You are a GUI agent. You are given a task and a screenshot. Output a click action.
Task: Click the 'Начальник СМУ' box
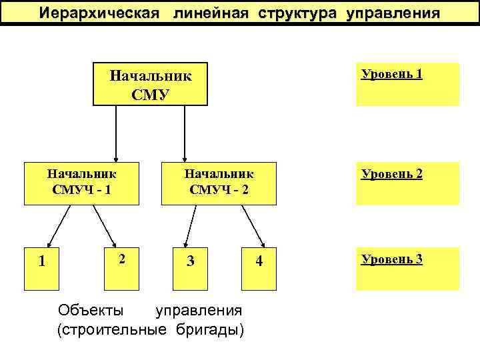150,84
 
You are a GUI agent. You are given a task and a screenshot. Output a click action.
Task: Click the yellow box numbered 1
41,261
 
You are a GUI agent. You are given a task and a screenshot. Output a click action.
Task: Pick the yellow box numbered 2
121,261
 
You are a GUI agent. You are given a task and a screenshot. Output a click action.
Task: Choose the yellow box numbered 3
191,261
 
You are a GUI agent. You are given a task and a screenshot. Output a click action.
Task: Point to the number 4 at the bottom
260,261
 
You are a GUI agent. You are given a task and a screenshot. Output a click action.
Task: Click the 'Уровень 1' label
391,74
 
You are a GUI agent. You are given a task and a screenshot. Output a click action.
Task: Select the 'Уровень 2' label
391,175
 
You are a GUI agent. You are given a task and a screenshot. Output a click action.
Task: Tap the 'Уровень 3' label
391,259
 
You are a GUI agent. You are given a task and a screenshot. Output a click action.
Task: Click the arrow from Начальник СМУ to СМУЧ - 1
117,133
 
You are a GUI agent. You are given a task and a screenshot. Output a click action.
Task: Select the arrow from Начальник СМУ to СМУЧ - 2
185,133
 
